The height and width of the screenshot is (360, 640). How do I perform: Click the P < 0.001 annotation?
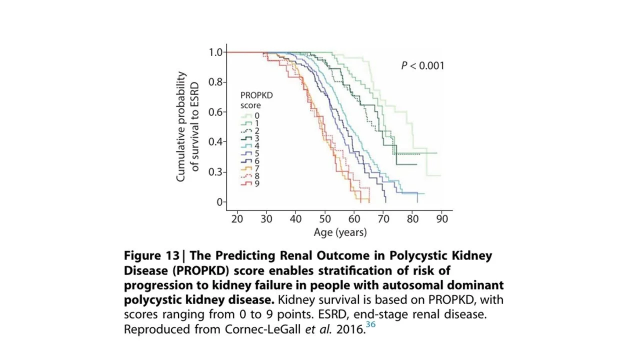[422, 65]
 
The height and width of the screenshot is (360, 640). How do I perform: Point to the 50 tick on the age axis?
[325, 219]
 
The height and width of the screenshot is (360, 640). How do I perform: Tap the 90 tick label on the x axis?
[442, 219]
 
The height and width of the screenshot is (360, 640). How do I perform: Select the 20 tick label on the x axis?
[237, 219]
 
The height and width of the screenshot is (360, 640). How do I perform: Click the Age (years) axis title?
[340, 232]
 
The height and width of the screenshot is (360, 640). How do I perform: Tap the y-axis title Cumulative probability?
[181, 126]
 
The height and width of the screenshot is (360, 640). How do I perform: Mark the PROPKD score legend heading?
[256, 100]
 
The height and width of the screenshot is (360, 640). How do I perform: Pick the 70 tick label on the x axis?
[383, 219]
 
